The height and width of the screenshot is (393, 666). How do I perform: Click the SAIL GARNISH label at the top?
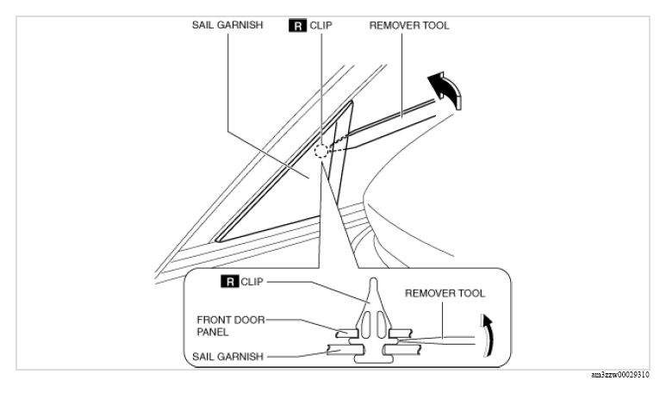click(x=227, y=25)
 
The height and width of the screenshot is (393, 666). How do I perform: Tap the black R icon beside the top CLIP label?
click(x=297, y=26)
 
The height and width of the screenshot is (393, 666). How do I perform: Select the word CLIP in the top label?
click(x=321, y=26)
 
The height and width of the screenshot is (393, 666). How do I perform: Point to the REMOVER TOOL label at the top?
click(x=409, y=26)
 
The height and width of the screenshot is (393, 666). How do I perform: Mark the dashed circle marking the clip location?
click(x=321, y=151)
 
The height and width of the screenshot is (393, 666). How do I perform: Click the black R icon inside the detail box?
click(x=230, y=282)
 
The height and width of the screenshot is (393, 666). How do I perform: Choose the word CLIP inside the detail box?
click(x=252, y=282)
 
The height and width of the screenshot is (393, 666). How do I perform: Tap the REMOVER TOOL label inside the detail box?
click(x=445, y=294)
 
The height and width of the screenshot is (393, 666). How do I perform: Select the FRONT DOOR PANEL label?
click(x=231, y=326)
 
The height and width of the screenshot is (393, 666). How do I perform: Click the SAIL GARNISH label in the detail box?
click(x=227, y=357)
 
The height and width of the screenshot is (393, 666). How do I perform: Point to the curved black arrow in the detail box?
click(x=489, y=334)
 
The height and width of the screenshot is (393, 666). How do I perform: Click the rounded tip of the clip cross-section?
click(x=373, y=280)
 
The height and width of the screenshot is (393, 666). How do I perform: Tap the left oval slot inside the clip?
click(x=367, y=324)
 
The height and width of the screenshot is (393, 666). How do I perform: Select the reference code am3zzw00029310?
click(x=619, y=375)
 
